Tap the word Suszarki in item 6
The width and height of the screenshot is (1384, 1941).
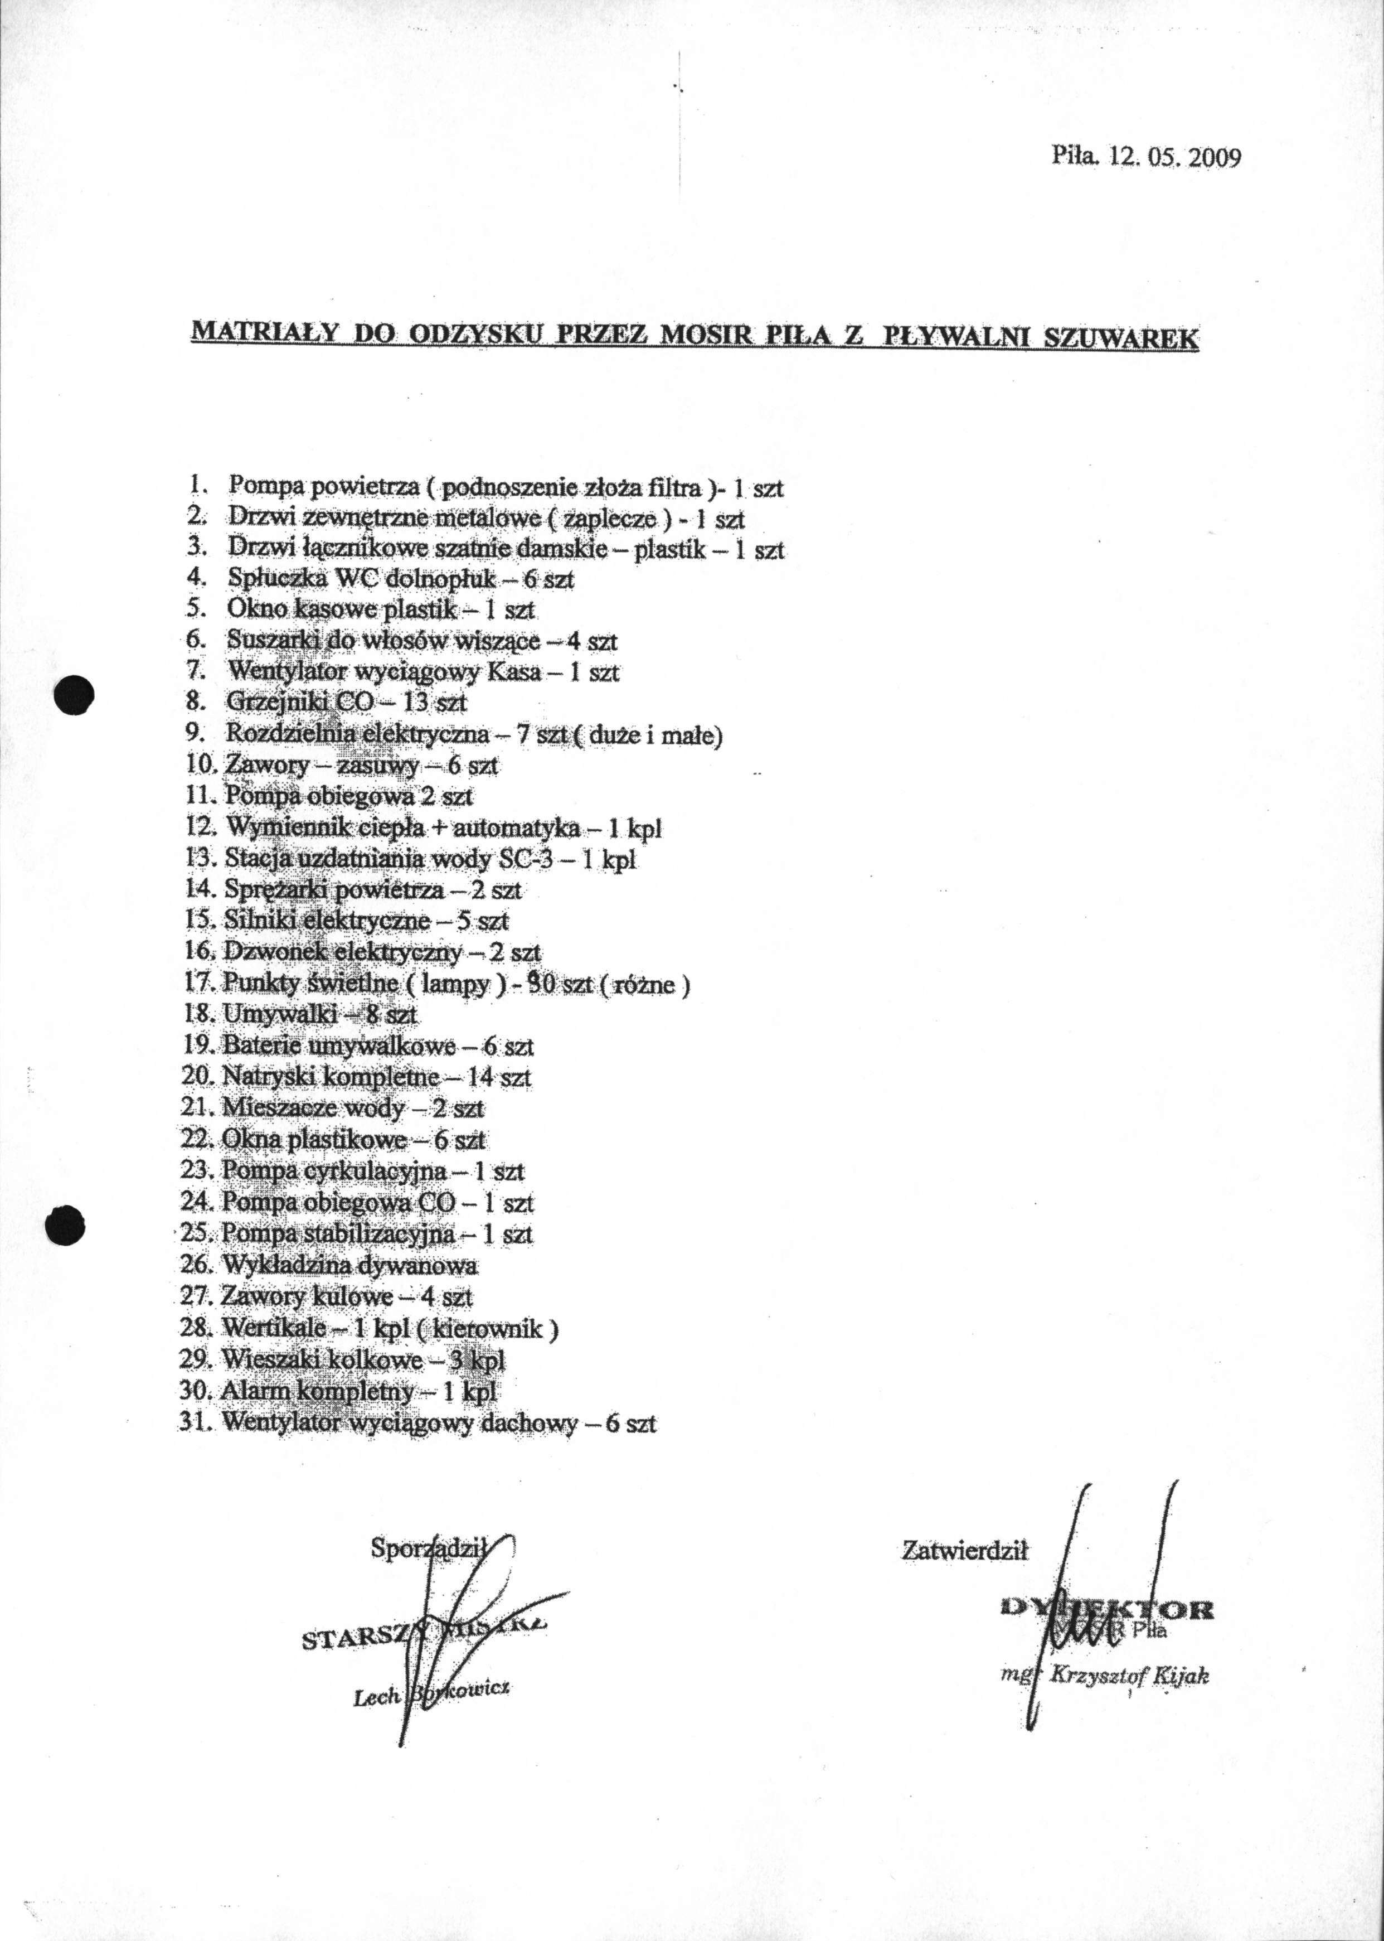[263, 640]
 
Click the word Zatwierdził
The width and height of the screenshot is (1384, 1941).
[965, 1551]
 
